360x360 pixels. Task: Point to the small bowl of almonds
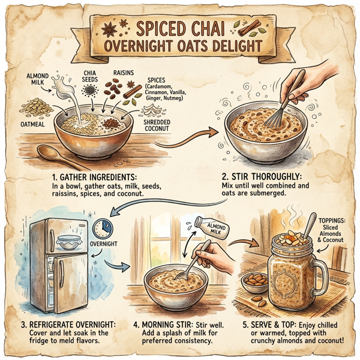253,281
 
